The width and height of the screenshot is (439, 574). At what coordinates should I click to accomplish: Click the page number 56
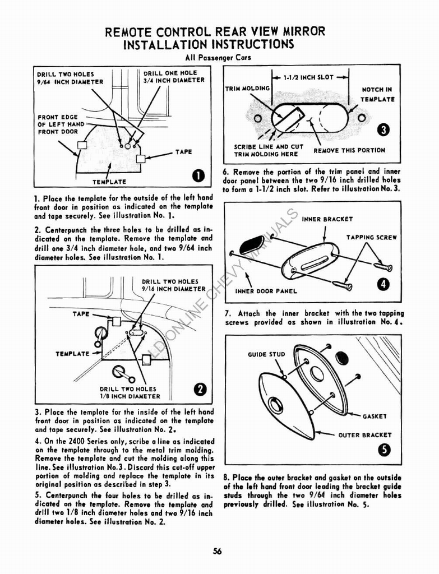coord(218,551)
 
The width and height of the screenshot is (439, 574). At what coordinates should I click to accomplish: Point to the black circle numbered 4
coord(383,285)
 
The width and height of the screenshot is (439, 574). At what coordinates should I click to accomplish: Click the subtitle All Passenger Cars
coord(218,58)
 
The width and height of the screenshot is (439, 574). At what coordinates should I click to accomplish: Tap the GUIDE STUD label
coord(266,354)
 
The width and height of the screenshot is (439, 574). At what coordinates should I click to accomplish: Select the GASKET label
coord(376,416)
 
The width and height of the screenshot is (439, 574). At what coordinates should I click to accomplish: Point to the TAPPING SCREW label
coord(371,237)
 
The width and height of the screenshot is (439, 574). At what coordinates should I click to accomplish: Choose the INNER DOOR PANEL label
coord(266,291)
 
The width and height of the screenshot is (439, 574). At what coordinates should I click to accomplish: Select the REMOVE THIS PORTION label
coord(349,150)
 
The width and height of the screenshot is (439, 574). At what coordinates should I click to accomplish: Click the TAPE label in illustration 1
coord(183,152)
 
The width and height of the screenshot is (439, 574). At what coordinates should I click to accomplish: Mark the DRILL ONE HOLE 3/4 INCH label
coord(174,77)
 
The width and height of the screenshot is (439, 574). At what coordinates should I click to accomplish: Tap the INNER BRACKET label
coord(327,219)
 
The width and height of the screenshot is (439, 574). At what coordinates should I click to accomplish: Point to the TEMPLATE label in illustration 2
coord(72,354)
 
